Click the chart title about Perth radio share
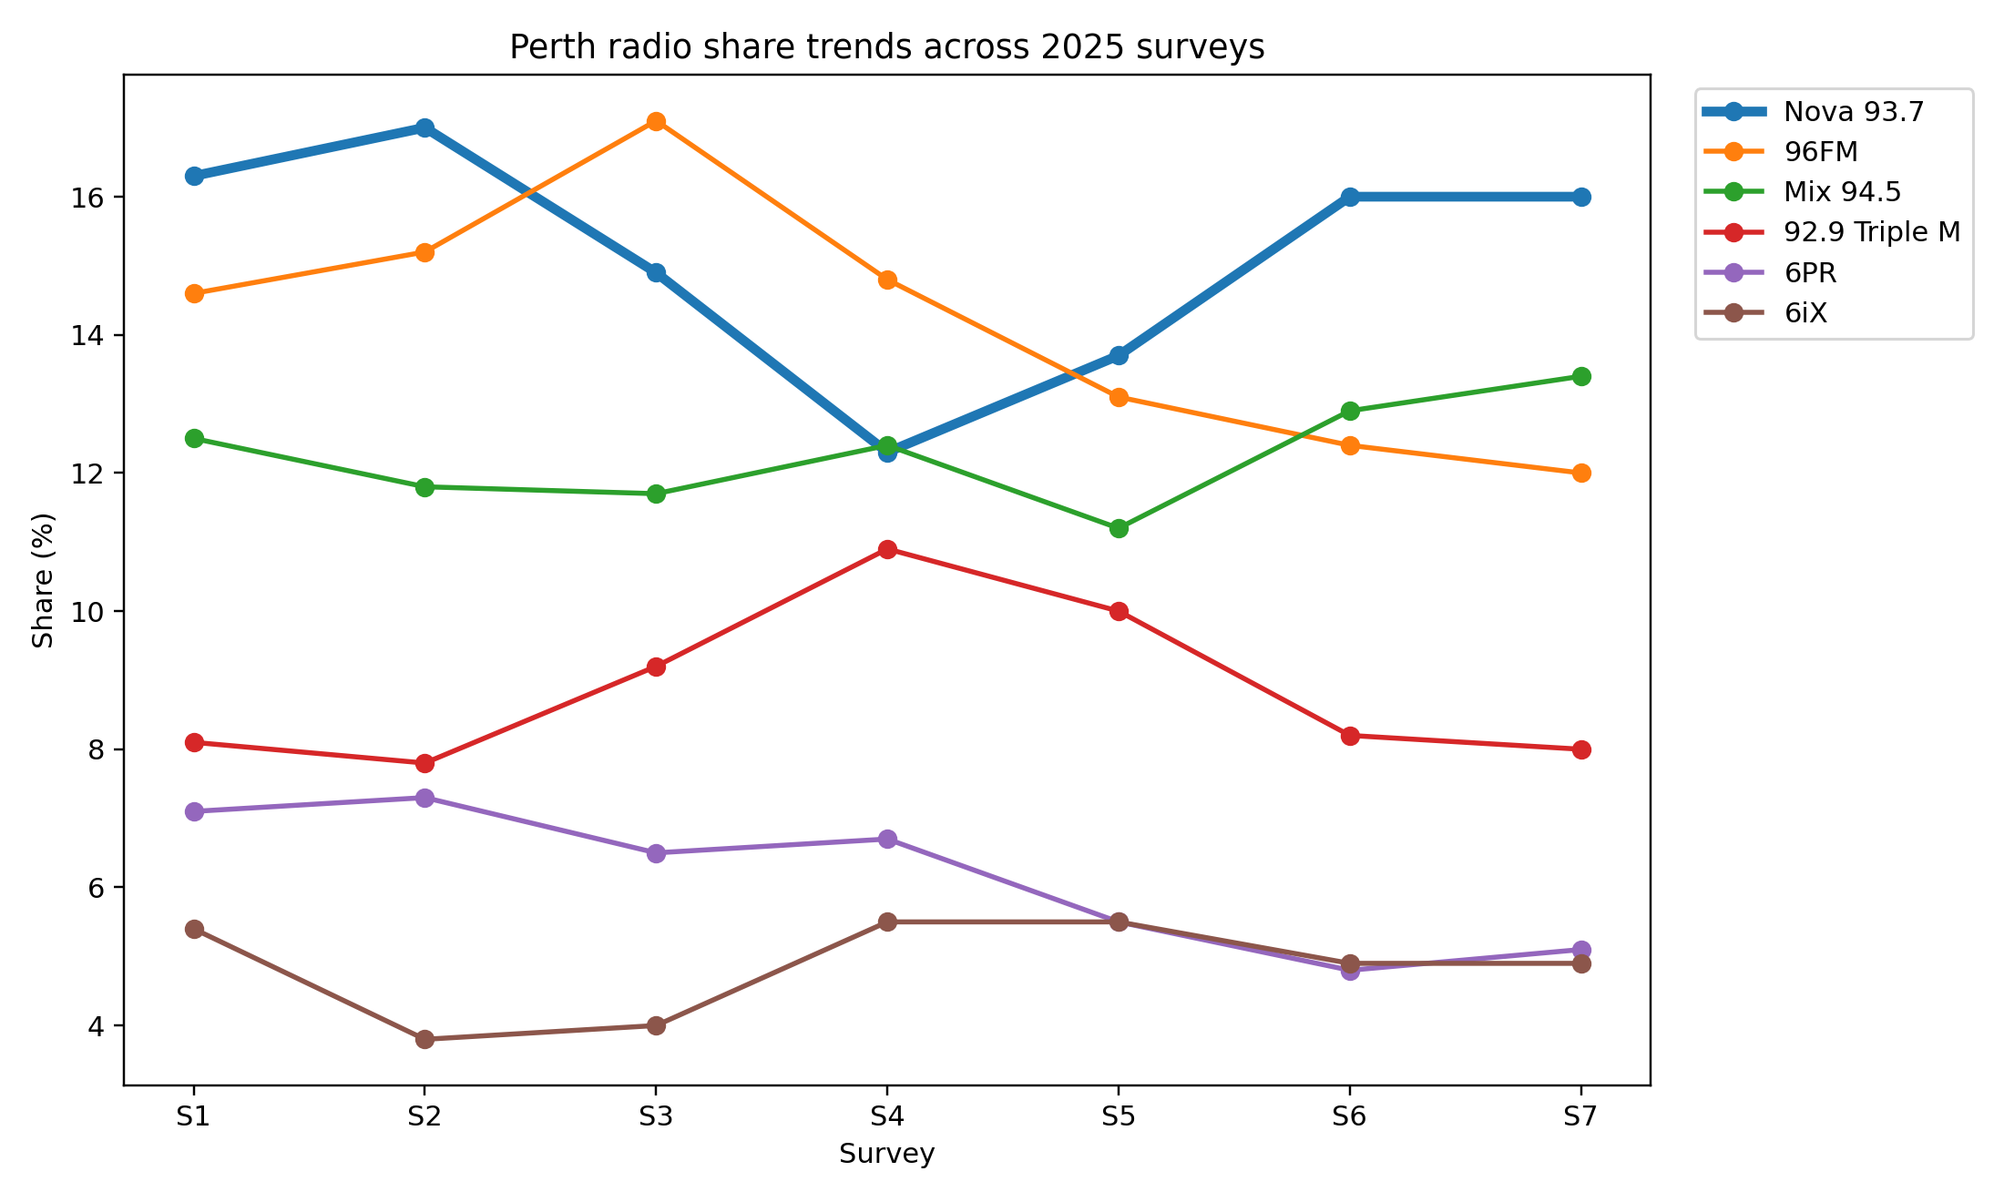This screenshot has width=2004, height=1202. [x=886, y=47]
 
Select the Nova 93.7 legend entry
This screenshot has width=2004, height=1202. [x=1853, y=112]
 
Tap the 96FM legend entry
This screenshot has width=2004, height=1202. [x=1820, y=152]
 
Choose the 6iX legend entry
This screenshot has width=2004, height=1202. [x=1805, y=313]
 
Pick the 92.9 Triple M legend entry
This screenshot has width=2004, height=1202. [x=1871, y=232]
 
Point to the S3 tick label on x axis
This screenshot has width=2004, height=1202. [x=656, y=1117]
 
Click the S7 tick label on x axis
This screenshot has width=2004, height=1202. [x=1580, y=1117]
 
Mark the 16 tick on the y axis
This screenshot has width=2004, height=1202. [x=86, y=198]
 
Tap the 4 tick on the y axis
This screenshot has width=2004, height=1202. [x=95, y=1026]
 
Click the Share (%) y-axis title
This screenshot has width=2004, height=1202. [x=43, y=581]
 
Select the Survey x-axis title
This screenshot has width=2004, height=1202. [x=886, y=1155]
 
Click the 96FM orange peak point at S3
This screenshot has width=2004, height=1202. [x=656, y=121]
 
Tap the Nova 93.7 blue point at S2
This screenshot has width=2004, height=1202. [x=424, y=127]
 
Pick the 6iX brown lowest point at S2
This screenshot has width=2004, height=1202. [x=424, y=1039]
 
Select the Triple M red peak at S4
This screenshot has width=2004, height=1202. [x=887, y=549]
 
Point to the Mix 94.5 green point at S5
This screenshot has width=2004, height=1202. [x=1119, y=528]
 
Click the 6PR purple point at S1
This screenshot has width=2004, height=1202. [x=194, y=811]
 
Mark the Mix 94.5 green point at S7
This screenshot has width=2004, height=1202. [x=1581, y=376]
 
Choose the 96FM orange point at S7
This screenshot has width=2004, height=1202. [x=1581, y=473]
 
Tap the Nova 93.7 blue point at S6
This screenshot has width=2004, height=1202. [x=1350, y=197]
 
